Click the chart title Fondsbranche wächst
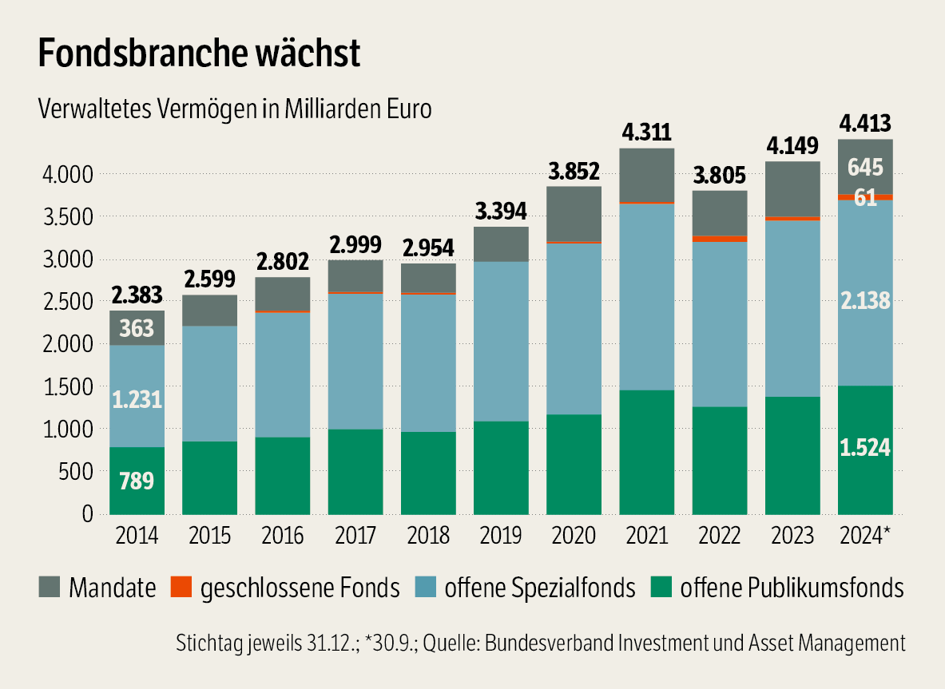200,53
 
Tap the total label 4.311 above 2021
646,132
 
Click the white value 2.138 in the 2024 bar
865,302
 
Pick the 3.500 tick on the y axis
60,216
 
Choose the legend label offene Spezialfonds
540,589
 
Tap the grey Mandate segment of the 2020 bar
574,213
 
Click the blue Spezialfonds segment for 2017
355,362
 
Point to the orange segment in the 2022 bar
719,239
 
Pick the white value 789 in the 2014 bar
137,482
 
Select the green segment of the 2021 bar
646,451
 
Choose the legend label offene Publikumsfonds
792,589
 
